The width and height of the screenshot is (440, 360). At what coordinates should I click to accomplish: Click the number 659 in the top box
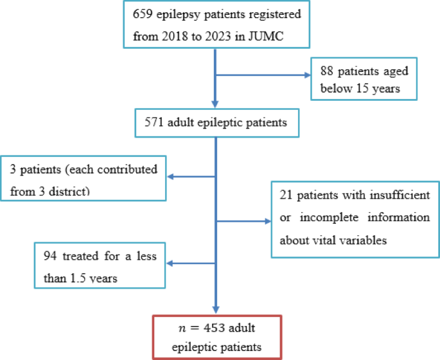(x=142, y=14)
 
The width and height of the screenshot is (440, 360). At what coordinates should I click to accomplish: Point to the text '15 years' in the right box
(x=379, y=88)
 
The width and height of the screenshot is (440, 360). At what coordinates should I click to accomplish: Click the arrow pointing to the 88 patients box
(x=303, y=76)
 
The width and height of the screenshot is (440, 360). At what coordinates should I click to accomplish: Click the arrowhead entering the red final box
(x=215, y=310)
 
